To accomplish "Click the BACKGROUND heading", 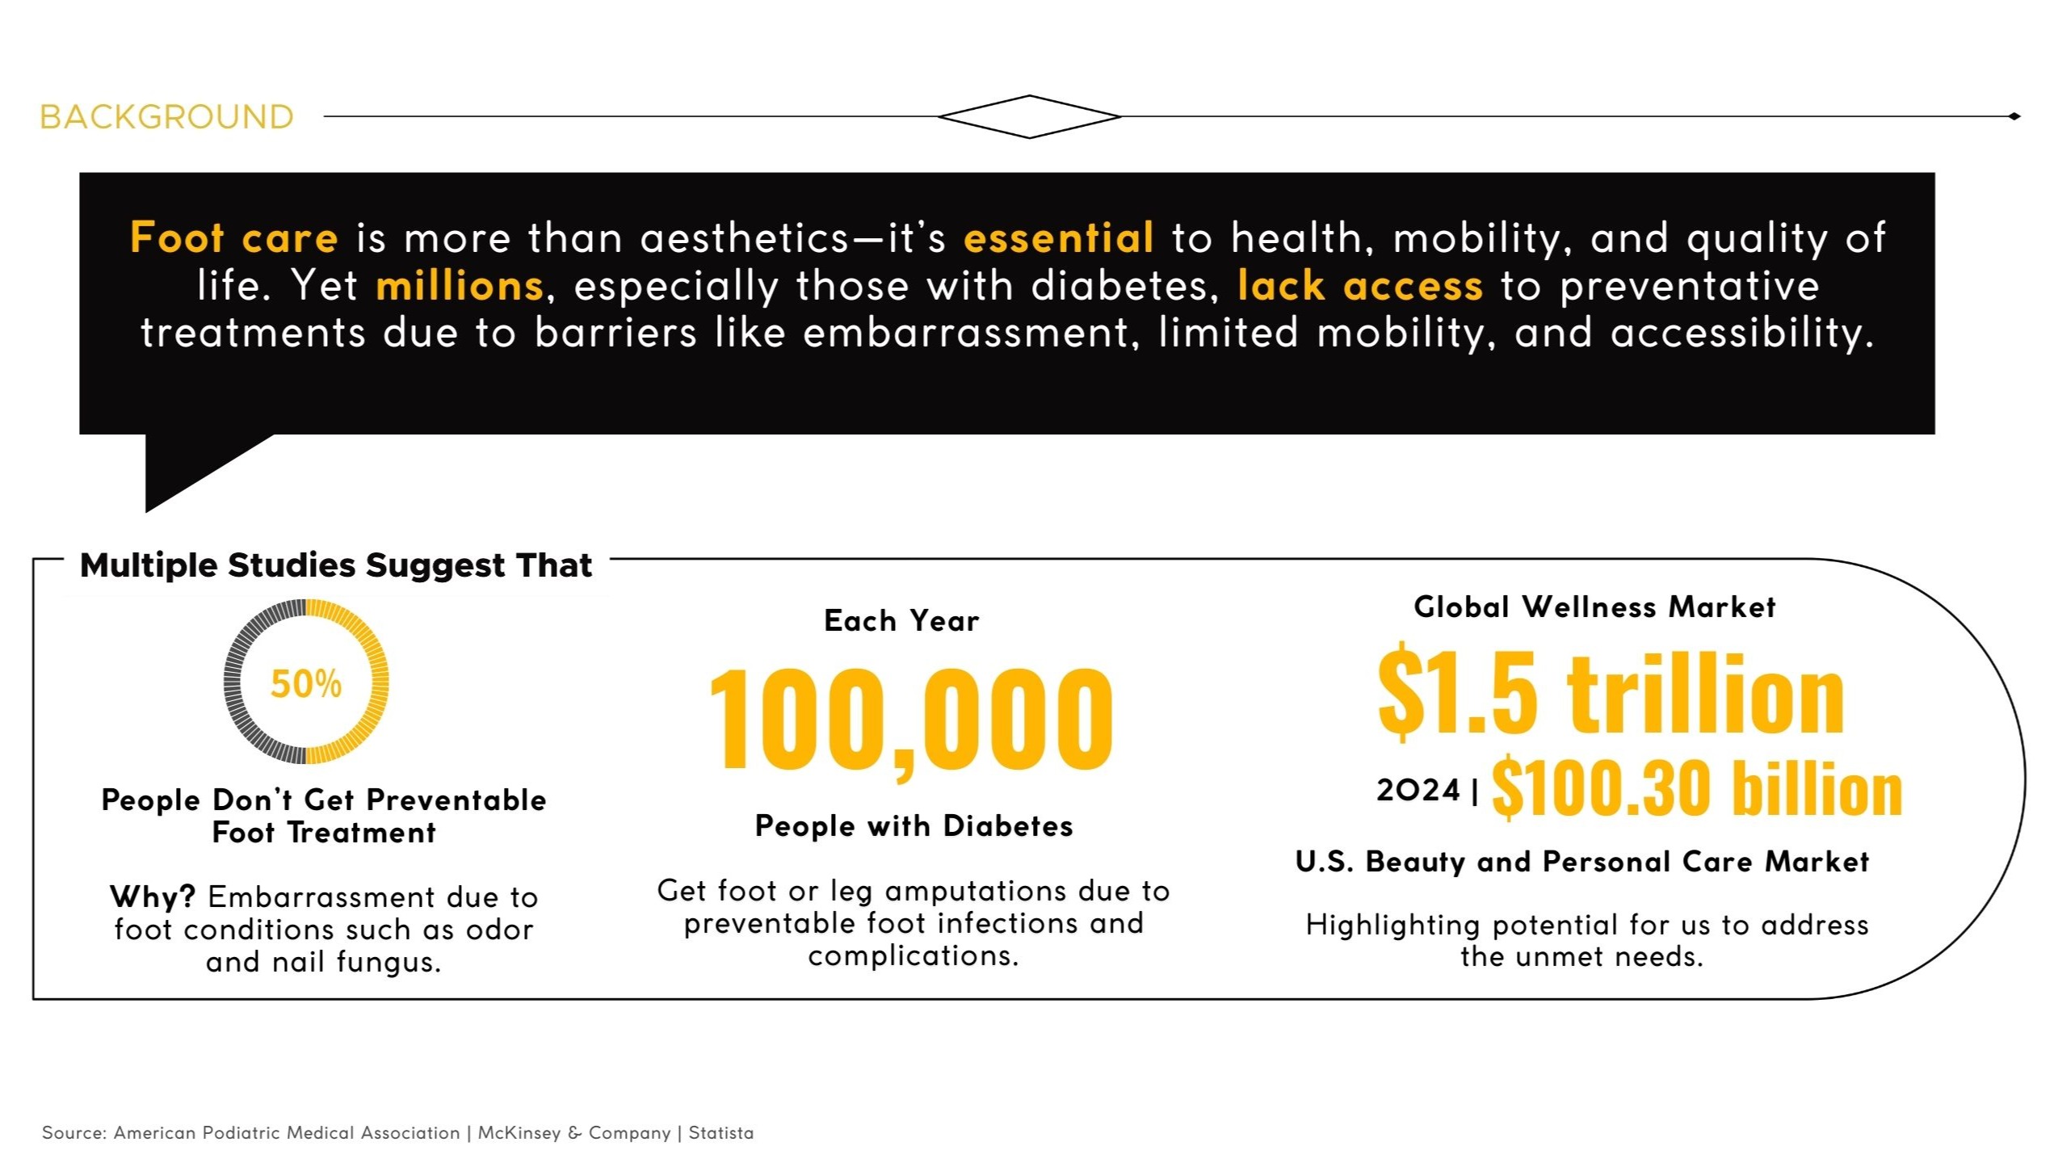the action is (166, 117).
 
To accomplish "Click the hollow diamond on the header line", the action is (1029, 97).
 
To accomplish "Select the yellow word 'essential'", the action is (1058, 237).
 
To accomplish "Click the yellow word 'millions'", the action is (460, 285).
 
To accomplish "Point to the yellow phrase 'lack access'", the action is (1360, 285).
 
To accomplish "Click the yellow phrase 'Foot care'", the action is (233, 237).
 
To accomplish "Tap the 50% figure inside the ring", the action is (306, 683).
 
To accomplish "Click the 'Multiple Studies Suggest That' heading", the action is (336, 565).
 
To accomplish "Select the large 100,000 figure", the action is (911, 719).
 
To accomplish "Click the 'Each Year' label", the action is (901, 620).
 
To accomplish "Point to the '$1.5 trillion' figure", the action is (1611, 692).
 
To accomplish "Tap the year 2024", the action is (1418, 790).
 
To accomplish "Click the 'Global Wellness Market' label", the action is (1594, 607).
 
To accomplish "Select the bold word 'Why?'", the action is (153, 896).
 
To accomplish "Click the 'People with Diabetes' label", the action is (913, 825).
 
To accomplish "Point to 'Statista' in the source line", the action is (720, 1132).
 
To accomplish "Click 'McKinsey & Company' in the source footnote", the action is (573, 1133).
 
